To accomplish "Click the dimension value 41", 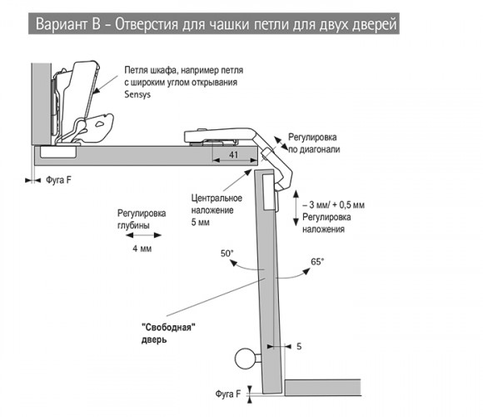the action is pos(233,154).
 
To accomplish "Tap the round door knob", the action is pos(246,359).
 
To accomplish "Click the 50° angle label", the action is pos(227,254).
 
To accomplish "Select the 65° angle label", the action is pos(317,262).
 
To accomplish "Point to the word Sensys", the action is pos(137,94).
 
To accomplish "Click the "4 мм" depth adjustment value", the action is pos(142,249).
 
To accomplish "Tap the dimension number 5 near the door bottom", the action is pos(299,346).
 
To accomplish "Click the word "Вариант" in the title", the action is pos(62,24).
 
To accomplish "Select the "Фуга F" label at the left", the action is pos(58,180).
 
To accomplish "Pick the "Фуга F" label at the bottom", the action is pos(228,394).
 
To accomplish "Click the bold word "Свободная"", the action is pos(168,327).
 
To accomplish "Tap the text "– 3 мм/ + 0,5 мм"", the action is pos(334,205).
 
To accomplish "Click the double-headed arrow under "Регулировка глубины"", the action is pos(143,235).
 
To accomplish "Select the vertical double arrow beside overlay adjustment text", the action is pos(296,208).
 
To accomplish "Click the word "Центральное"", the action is pos(217,198).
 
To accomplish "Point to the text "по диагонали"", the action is pos(314,149).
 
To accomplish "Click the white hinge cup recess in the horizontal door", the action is pos(58,152).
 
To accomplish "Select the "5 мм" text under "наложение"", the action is pos(200,222).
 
